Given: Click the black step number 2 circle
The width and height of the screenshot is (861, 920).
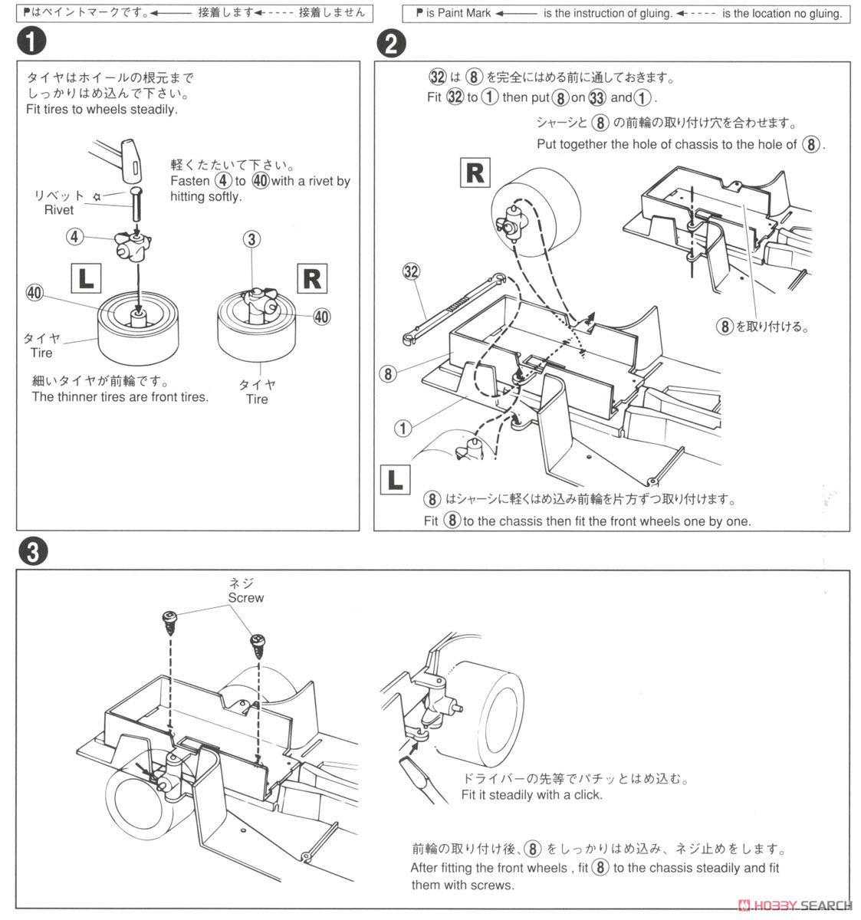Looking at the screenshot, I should click(389, 44).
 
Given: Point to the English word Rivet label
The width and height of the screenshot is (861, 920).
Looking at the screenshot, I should click(59, 209).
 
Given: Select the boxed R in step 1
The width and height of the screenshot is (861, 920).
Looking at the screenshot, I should click(312, 278).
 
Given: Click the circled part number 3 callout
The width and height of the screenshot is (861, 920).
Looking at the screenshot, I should click(251, 239).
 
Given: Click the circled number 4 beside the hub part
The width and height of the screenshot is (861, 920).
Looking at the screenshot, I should click(74, 237).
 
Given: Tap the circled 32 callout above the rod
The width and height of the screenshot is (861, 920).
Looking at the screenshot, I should click(412, 271).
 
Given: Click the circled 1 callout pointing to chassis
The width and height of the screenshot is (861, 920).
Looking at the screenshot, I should click(403, 428).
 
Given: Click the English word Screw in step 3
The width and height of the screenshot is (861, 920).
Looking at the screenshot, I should click(245, 597).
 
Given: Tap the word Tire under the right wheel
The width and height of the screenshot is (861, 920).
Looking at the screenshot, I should click(257, 399).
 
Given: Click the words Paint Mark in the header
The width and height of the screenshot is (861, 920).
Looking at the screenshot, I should click(465, 13).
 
